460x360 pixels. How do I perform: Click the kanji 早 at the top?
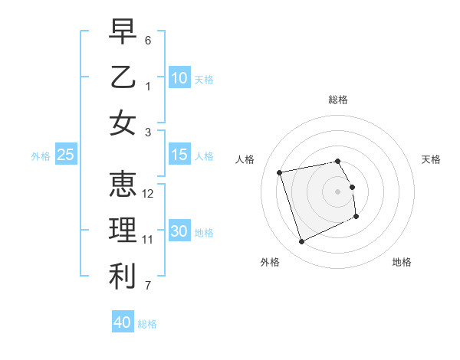123,32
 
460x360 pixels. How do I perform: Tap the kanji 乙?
123,77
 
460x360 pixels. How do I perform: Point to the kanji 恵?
123,185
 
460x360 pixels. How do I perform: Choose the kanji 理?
123,231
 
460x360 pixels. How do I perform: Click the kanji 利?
123,277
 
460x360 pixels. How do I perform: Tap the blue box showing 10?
179,77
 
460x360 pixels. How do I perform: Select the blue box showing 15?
179,155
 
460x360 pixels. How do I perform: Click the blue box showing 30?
179,231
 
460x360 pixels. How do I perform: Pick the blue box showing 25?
66,155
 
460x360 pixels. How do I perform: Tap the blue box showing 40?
123,322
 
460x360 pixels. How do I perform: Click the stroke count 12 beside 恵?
148,194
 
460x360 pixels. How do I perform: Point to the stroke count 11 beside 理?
148,240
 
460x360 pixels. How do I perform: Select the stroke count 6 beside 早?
148,40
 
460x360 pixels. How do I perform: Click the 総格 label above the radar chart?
338,100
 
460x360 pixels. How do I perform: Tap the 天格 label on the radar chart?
431,159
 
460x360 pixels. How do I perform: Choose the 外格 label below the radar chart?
270,262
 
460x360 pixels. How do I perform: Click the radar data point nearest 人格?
280,172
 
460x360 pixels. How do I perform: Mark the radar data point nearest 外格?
301,242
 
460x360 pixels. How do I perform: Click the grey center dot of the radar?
338,191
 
